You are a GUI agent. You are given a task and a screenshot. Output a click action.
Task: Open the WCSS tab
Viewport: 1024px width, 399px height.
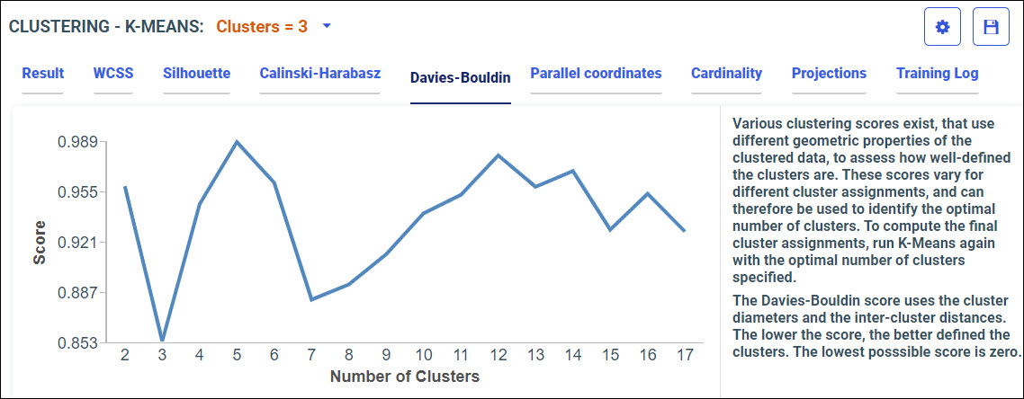click(112, 74)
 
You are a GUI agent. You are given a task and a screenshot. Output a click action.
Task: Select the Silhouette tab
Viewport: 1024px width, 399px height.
click(196, 74)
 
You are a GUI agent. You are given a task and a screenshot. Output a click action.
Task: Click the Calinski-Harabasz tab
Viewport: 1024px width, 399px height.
click(319, 74)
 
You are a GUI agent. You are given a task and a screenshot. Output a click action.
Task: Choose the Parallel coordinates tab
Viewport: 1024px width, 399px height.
click(596, 74)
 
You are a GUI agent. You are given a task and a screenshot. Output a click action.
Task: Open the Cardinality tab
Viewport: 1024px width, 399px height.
click(726, 74)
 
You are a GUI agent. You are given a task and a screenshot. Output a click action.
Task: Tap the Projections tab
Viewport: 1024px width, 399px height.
click(829, 74)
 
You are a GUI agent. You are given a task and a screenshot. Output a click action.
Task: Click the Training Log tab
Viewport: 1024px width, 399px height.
click(937, 74)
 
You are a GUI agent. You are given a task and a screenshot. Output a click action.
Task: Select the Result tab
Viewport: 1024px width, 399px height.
click(43, 74)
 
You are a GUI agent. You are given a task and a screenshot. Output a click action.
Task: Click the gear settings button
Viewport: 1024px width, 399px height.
click(942, 28)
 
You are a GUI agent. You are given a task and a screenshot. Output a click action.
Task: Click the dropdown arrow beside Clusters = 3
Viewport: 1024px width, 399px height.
click(327, 26)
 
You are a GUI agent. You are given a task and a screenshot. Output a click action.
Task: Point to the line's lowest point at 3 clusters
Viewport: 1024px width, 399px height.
click(162, 341)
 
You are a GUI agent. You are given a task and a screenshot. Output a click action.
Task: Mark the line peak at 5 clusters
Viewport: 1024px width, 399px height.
click(237, 141)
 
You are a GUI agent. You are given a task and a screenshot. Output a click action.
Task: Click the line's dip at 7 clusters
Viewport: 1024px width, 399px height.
click(311, 299)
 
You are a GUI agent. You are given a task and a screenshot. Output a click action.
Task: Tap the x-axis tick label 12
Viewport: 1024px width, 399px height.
click(498, 355)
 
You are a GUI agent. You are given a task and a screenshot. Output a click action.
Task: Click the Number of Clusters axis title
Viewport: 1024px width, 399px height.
click(404, 377)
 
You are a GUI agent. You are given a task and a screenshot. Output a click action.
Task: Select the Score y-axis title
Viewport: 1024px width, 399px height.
click(40, 242)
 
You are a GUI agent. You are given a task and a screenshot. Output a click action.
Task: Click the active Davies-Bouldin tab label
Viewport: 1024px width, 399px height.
click(460, 77)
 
